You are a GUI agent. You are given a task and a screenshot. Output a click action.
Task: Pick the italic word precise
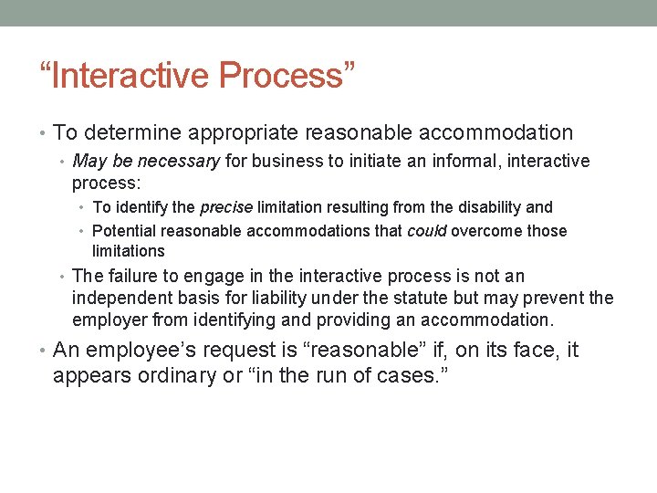tap(227, 207)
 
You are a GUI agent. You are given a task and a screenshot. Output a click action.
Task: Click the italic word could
tap(425, 231)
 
